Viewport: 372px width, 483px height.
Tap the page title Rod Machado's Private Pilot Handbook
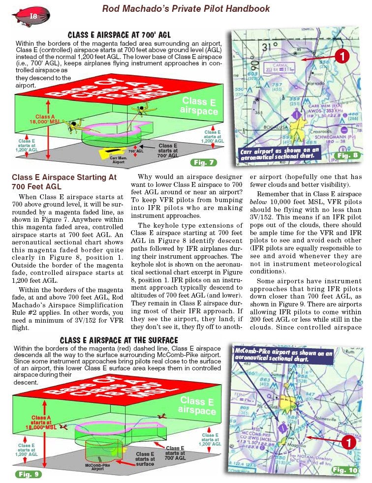186,8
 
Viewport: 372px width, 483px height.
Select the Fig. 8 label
346,155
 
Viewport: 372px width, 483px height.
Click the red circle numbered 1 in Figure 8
342,56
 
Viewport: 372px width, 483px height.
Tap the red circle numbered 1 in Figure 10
348,442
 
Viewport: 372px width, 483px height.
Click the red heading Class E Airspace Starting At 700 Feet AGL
64,181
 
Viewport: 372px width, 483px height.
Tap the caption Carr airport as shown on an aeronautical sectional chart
280,153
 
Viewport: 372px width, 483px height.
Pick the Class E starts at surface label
145,459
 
